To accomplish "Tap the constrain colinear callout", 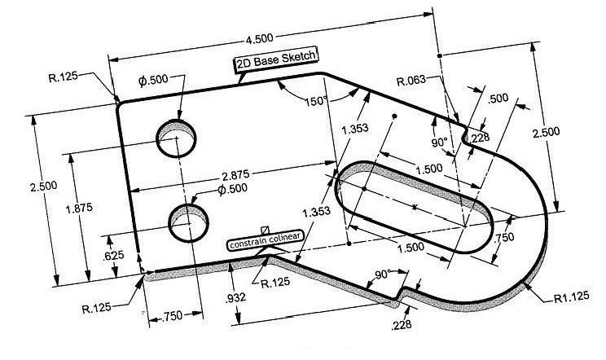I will (x=266, y=243).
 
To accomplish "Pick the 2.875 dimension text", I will (x=236, y=174).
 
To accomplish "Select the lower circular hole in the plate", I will (x=188, y=222).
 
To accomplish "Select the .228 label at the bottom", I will (x=402, y=326).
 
